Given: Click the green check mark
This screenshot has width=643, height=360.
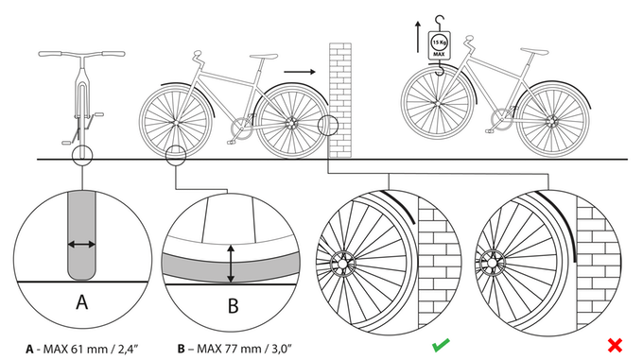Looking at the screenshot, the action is tap(441, 345).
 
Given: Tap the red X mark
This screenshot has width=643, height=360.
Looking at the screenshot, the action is tap(615, 345).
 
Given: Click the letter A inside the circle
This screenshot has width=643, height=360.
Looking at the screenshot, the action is tap(82, 302).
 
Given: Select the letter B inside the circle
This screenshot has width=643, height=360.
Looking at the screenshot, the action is tap(233, 305).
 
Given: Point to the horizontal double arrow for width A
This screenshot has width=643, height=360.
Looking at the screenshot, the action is tap(81, 245).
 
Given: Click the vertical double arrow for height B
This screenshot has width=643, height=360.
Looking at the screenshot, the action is tap(231, 264).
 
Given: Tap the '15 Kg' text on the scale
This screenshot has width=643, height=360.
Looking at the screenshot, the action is tap(439, 43).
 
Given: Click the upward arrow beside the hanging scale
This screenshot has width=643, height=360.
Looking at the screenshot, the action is tap(418, 37).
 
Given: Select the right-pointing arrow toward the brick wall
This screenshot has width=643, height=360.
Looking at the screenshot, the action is tap(300, 72).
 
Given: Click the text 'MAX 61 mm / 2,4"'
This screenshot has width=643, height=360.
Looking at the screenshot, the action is tap(91, 349).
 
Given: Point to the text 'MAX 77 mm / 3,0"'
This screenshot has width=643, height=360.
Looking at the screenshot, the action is tap(244, 349).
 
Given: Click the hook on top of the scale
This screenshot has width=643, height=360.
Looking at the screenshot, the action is tap(440, 22).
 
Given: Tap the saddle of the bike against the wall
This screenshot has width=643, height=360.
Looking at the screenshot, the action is tap(263, 56).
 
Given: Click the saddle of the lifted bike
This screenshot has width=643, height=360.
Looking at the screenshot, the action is tap(534, 51).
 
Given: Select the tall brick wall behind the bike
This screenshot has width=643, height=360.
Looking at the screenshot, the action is tap(340, 100).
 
